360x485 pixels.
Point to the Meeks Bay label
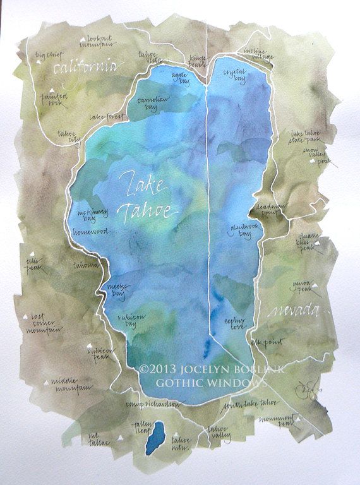[x=116, y=289]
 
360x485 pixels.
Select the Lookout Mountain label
[x=100, y=41]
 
